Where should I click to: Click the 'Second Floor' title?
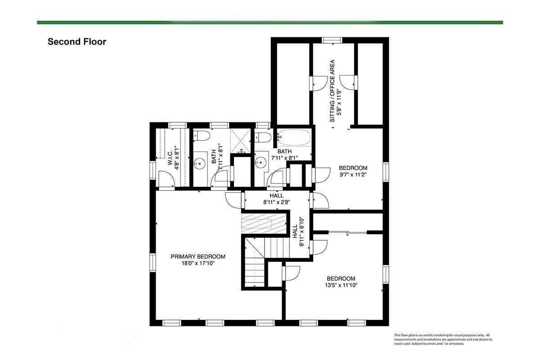77,42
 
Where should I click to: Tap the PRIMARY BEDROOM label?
198,256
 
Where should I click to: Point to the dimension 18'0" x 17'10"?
198,263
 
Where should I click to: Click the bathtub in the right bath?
294,137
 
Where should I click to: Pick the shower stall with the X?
240,140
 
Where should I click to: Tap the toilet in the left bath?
201,136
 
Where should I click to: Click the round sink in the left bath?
200,164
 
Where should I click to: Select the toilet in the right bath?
263,138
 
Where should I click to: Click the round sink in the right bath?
261,162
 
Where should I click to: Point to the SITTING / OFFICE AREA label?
332,91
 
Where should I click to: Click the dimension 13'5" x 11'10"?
341,285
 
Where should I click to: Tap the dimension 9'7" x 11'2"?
353,175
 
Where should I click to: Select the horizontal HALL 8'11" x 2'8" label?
276,199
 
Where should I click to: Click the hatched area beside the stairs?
264,224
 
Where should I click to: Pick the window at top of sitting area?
332,40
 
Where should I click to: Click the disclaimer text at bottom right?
443,339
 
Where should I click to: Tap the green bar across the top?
270,22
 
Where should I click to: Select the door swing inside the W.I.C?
166,179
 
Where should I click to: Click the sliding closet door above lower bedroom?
347,233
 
